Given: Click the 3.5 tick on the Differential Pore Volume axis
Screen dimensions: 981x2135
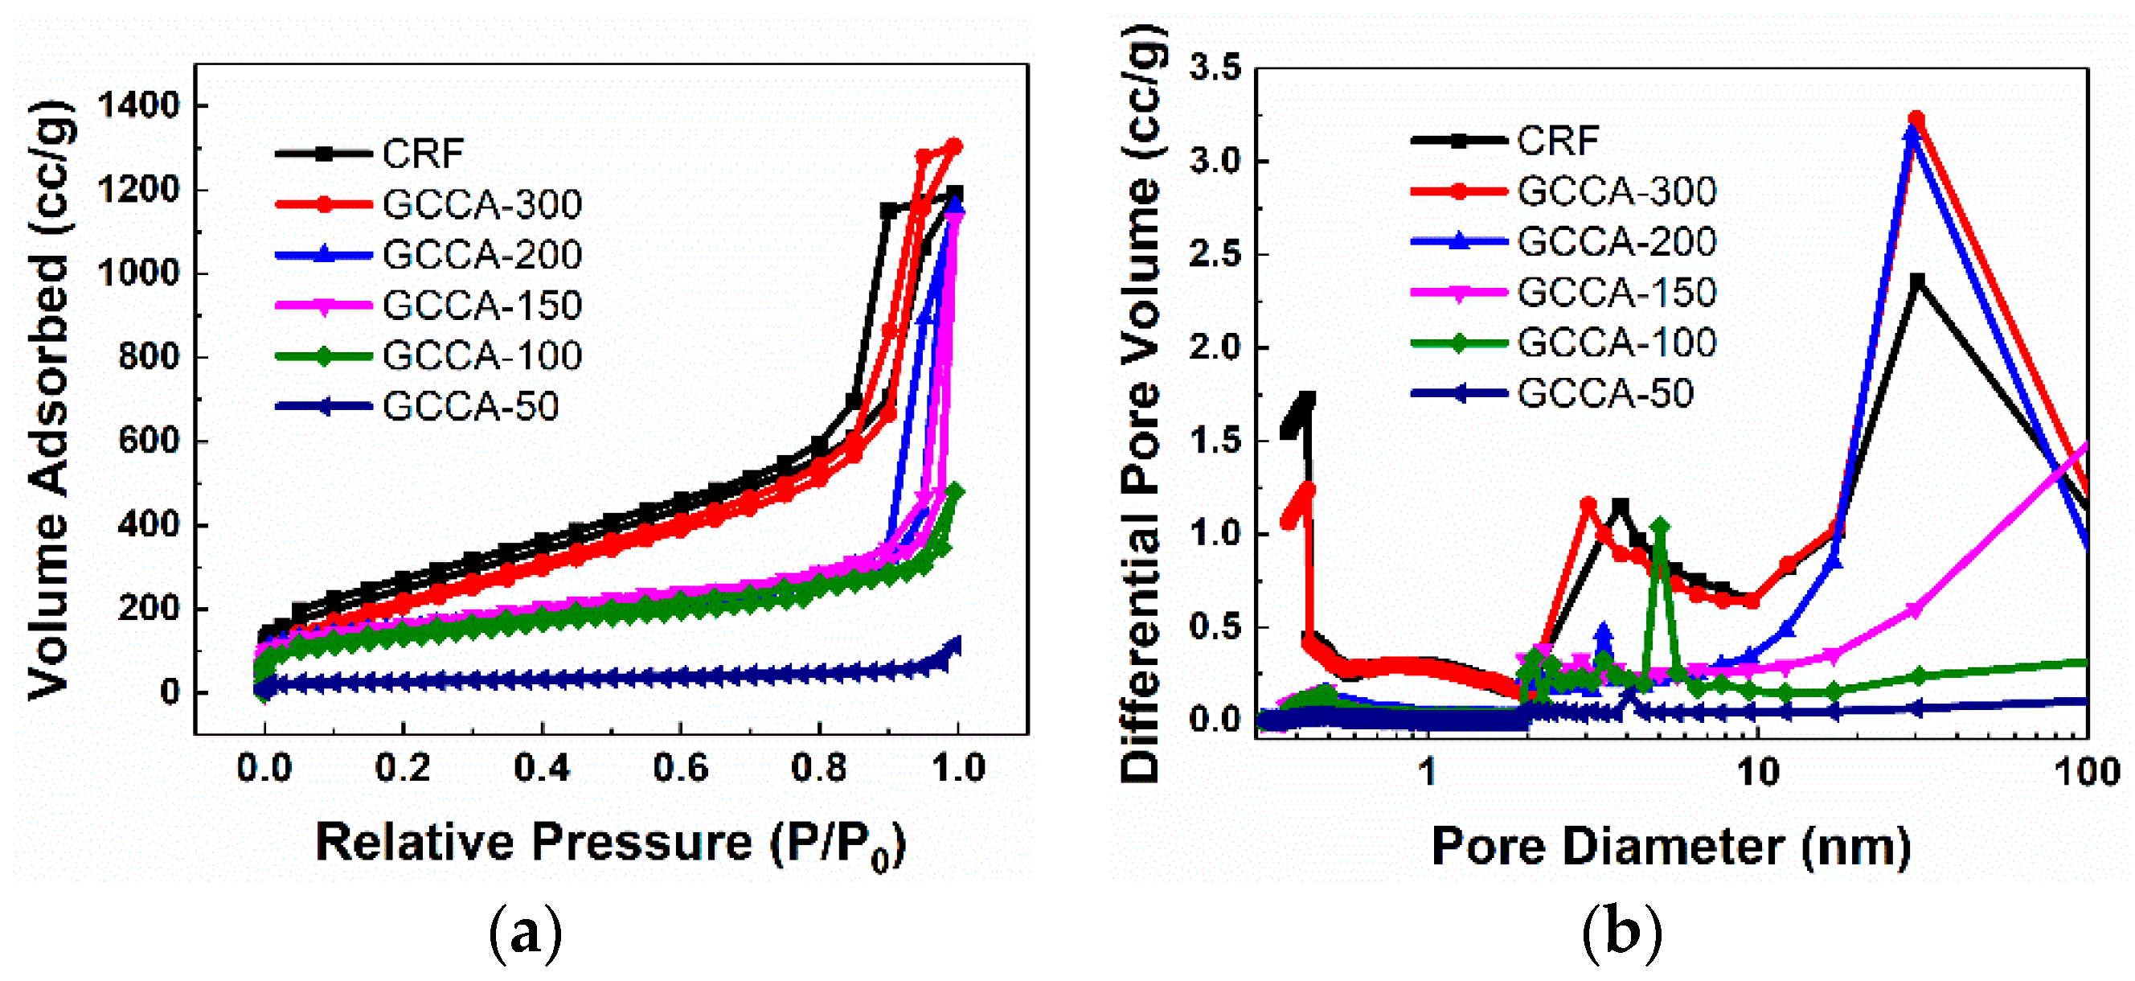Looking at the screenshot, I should pos(1216,68).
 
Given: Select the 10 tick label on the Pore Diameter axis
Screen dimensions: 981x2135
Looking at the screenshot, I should pos(1756,772).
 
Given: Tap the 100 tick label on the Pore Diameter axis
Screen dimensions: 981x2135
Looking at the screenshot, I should pos(2086,772).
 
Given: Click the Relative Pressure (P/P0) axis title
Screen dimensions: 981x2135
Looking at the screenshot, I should pos(611,844).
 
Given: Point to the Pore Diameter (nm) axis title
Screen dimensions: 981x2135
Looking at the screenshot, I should pos(1671,846).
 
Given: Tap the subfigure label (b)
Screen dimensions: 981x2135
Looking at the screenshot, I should pos(1622,932).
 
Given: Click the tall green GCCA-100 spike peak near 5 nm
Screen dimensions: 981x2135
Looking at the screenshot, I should pos(1659,526).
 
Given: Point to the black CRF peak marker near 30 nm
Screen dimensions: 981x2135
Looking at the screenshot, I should pos(1916,281).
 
